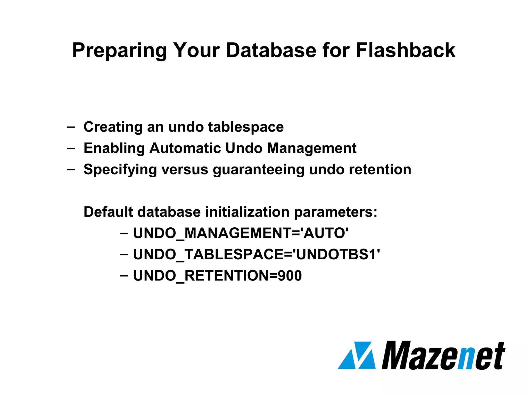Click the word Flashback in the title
(405, 50)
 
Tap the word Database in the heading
(271, 50)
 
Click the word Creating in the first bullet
(113, 127)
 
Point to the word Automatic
(185, 148)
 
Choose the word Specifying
(120, 170)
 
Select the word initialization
(247, 212)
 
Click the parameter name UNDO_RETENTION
(201, 276)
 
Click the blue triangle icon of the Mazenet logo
(357, 356)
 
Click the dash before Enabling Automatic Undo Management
(71, 148)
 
